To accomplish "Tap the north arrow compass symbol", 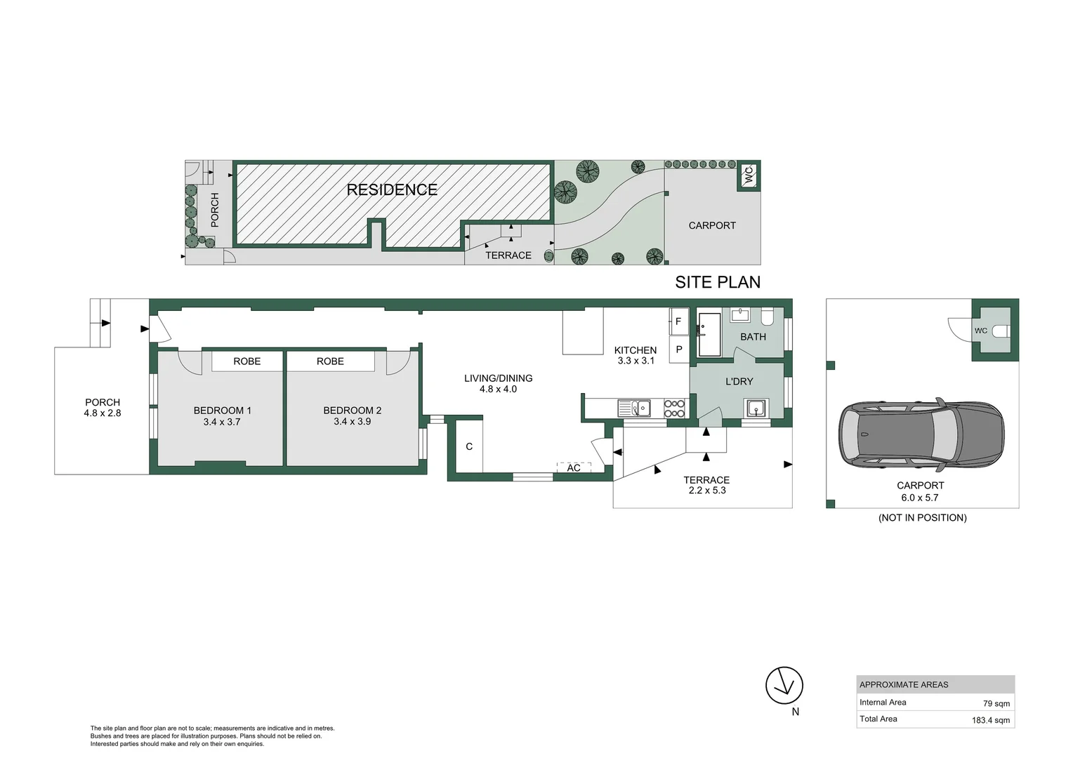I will [x=784, y=686].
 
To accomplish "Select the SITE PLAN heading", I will [x=717, y=282].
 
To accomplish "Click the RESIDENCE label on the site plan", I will [x=392, y=189].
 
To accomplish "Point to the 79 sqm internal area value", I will [x=996, y=703].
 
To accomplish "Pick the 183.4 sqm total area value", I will [x=990, y=720].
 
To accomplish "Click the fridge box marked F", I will [x=678, y=322].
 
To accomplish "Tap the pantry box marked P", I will [x=679, y=350].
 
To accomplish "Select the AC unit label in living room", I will [x=574, y=468].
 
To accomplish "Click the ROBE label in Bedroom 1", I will [x=246, y=361].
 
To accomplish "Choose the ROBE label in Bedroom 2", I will [x=330, y=361].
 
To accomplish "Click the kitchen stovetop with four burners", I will [x=674, y=408].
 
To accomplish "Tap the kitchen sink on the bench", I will [x=634, y=408].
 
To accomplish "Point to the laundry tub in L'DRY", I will [x=756, y=408].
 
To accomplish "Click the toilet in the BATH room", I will [x=767, y=318].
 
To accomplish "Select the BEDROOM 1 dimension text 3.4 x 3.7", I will [x=222, y=422].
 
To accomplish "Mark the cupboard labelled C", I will [x=469, y=446].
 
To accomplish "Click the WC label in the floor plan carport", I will [x=980, y=331].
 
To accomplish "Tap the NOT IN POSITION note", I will [x=922, y=518].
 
